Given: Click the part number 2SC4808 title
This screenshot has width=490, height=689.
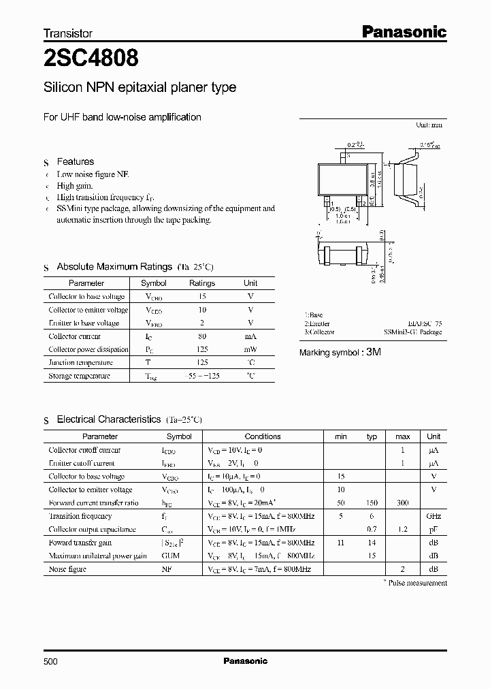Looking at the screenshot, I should click(91, 59).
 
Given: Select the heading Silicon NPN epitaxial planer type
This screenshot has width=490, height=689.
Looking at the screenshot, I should click(140, 87).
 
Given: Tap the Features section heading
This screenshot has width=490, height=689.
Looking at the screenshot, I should click(75, 161).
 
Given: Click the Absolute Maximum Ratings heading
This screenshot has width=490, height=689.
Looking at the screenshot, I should click(114, 267).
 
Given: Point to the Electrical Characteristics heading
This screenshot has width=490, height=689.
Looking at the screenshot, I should click(108, 419).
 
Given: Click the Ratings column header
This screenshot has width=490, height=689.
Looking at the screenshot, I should click(201, 283).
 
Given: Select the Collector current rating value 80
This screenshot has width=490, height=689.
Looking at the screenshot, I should click(201, 336).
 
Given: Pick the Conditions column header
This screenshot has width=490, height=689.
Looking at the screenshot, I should click(263, 436).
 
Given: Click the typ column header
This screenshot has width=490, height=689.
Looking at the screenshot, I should click(372, 436).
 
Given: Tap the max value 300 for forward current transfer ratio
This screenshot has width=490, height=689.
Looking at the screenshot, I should click(403, 502).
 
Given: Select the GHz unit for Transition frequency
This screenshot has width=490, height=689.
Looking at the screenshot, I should click(434, 516).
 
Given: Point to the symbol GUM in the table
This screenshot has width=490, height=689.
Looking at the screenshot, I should click(170, 556).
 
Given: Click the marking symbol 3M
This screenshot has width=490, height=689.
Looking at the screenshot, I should click(373, 353).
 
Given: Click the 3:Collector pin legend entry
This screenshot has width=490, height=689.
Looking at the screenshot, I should click(319, 332).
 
